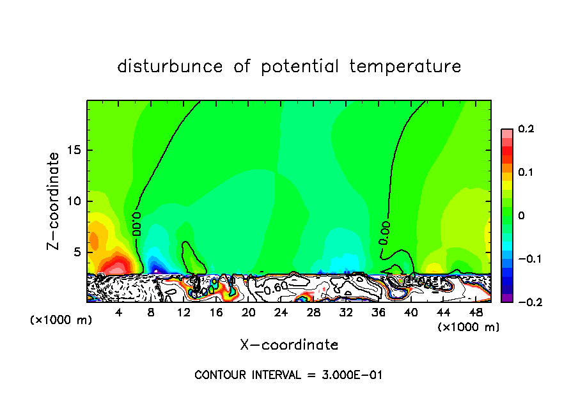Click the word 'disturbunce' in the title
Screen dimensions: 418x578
[x=169, y=66]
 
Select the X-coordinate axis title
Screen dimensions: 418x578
[x=289, y=345]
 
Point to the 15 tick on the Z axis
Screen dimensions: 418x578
[x=74, y=151]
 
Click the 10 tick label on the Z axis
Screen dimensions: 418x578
[x=74, y=201]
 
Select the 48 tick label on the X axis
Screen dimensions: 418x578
[x=475, y=313]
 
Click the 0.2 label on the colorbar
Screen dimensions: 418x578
[x=526, y=129]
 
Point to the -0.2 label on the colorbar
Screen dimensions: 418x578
[x=524, y=302]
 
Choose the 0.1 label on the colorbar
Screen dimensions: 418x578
[x=526, y=173]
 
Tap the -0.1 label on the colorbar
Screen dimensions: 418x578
[x=524, y=259]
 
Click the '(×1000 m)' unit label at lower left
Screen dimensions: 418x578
[x=61, y=320]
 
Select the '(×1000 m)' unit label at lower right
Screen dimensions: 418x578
[x=469, y=327]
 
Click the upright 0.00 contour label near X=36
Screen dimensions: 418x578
[x=384, y=233]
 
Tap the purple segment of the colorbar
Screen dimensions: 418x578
[x=506, y=297]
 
